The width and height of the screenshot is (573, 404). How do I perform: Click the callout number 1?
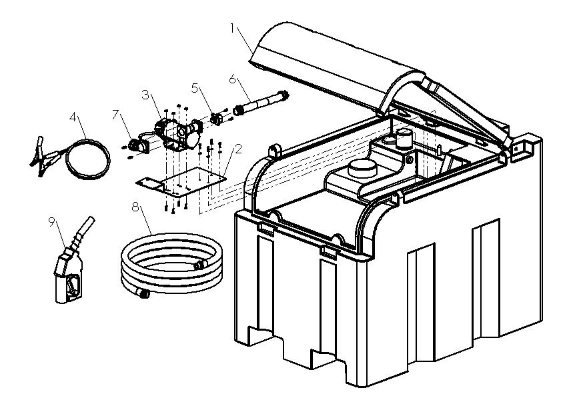pyautogui.click(x=233, y=28)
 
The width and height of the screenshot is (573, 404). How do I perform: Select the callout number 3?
pyautogui.click(x=145, y=94)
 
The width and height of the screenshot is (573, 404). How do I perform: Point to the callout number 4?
pyautogui.click(x=73, y=116)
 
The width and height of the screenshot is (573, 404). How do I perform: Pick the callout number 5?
pyautogui.click(x=195, y=87)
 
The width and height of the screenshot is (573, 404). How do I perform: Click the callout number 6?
pyautogui.click(x=233, y=78)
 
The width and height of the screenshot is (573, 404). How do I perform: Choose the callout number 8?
pyautogui.click(x=137, y=208)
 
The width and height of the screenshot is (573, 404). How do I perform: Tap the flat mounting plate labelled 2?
pyautogui.click(x=180, y=185)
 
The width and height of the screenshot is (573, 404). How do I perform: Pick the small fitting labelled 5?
pyautogui.click(x=215, y=119)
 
